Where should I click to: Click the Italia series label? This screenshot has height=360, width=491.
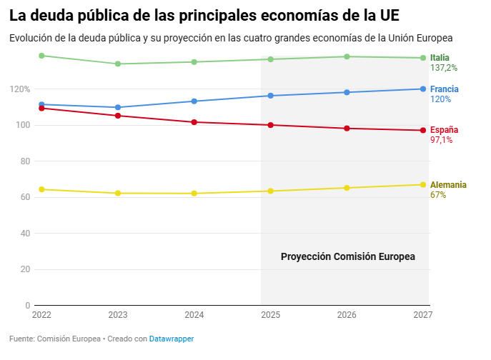click(440, 57)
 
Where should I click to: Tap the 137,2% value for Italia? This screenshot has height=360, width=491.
click(443, 68)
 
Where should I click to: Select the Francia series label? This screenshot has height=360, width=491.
click(444, 89)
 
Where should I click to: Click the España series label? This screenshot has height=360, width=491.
click(444, 130)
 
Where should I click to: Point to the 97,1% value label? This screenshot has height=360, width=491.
click(441, 140)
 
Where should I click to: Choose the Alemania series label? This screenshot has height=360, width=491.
click(448, 185)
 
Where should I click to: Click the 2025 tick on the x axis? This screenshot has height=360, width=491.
click(270, 314)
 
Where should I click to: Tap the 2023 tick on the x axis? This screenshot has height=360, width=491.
click(118, 314)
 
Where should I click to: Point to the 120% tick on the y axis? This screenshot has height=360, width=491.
click(19, 89)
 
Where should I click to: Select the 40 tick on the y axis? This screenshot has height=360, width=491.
click(24, 234)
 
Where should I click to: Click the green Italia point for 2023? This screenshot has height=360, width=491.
click(118, 64)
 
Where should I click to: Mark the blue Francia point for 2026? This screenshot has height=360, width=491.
click(347, 92)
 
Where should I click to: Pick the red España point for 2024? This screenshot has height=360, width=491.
click(194, 122)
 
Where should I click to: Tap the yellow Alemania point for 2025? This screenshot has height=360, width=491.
click(270, 191)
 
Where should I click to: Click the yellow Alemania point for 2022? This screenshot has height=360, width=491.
click(41, 189)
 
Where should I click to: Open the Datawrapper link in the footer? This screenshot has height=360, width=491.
click(172, 339)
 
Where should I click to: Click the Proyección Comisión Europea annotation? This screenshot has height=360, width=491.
click(347, 256)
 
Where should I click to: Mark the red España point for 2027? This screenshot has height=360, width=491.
click(423, 130)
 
